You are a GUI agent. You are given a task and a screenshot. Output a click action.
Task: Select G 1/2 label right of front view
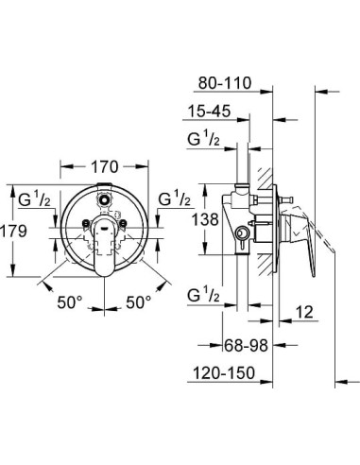(x=175, y=200)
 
